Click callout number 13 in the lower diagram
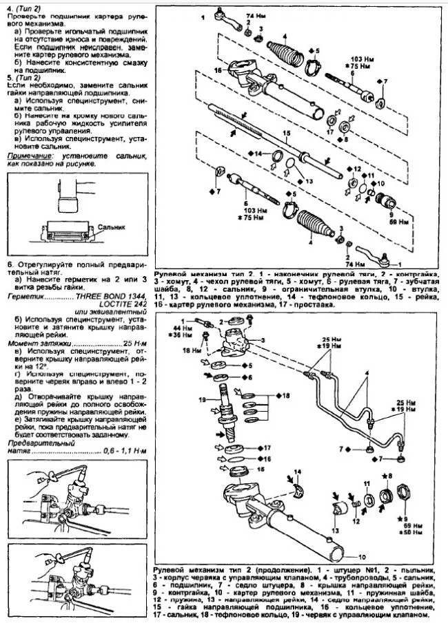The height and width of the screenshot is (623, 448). tap(336, 531)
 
